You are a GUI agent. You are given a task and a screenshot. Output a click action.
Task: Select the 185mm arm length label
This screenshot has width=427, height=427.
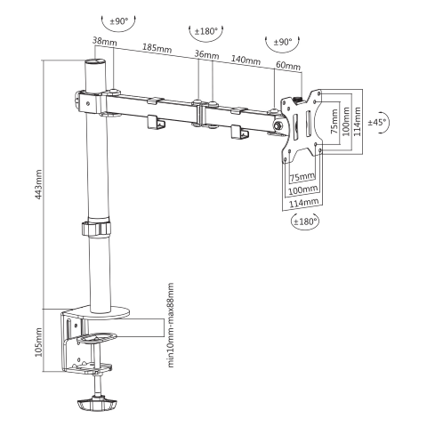(x=157, y=47)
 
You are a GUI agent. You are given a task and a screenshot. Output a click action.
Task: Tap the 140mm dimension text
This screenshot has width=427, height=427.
(x=246, y=60)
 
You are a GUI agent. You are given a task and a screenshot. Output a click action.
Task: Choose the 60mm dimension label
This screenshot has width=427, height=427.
(x=287, y=65)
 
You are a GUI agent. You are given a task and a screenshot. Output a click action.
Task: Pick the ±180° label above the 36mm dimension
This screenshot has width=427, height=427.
(x=205, y=31)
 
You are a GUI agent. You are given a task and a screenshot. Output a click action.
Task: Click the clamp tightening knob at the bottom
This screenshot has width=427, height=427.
(x=96, y=404)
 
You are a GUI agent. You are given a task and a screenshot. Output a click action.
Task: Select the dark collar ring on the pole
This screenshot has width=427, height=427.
(x=94, y=229)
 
